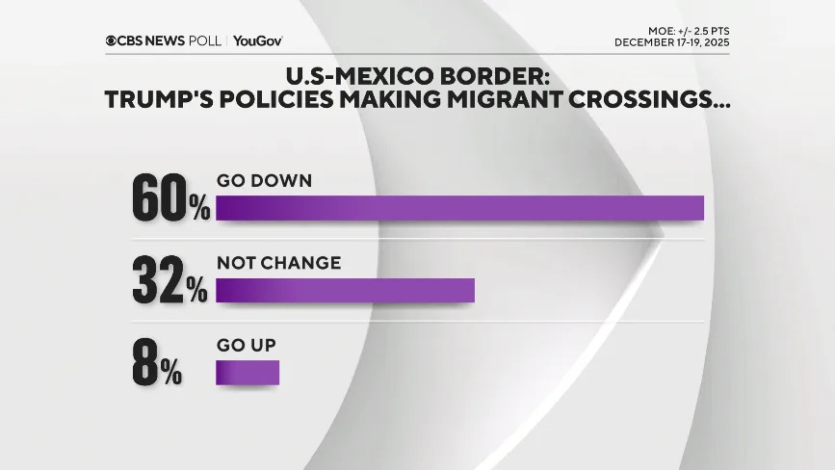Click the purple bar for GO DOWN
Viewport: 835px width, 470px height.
tap(459, 208)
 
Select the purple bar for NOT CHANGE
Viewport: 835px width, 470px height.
tap(345, 291)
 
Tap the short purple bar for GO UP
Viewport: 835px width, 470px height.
tap(248, 373)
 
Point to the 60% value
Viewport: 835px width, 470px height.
tap(170, 196)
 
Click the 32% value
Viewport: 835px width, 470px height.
tap(170, 279)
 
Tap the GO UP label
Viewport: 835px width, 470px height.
tap(246, 345)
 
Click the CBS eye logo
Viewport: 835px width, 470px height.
tap(112, 40)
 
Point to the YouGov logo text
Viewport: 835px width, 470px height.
tap(257, 40)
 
